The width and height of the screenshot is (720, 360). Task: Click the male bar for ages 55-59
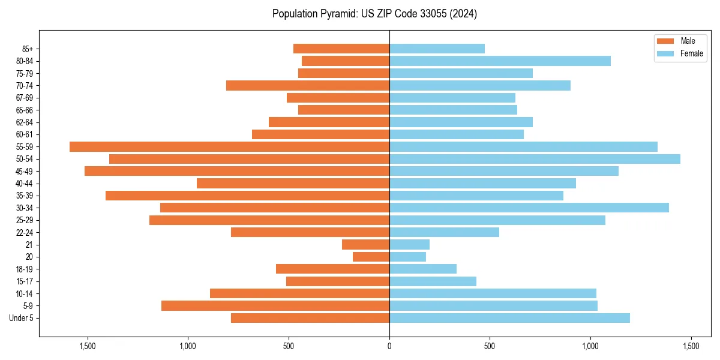coord(229,146)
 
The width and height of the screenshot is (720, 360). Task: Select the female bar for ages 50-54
coord(535,159)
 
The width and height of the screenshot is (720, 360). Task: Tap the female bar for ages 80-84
coord(500,61)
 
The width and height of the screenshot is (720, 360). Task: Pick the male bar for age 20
coord(371,257)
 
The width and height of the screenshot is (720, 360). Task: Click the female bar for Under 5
coord(509,318)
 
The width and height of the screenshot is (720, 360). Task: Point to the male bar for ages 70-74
coord(308,85)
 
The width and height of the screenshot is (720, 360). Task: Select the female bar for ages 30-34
coord(529,208)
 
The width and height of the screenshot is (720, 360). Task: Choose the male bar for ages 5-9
coord(275,306)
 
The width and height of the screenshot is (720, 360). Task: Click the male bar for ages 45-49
coord(237,171)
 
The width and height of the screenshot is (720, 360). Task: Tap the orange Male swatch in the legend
coord(665,41)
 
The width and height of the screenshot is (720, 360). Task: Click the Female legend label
coord(691,53)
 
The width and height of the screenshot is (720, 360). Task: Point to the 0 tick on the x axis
coord(389,346)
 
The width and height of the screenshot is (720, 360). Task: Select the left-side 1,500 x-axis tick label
coord(88,346)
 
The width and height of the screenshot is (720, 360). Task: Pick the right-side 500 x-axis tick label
coord(490,346)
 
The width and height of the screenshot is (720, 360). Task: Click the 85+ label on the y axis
coord(28,49)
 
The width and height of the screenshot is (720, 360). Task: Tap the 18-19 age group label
coord(25,269)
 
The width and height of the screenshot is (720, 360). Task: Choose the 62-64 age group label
coord(25,122)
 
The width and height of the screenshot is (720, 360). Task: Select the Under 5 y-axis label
coord(22,318)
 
